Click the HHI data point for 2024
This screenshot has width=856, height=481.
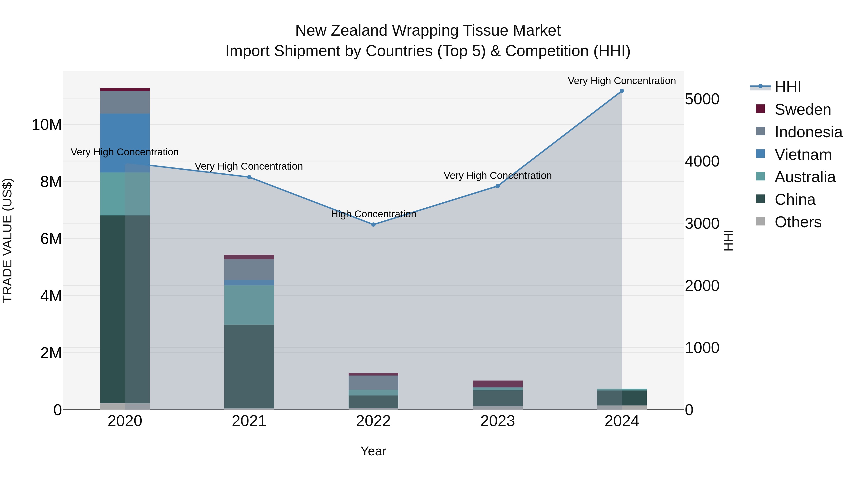[622, 91]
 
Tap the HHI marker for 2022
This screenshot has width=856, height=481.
[373, 224]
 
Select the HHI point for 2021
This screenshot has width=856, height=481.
[249, 177]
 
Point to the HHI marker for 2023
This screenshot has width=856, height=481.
[497, 186]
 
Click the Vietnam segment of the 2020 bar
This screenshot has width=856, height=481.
[125, 143]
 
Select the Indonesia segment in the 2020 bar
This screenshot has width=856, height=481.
[125, 102]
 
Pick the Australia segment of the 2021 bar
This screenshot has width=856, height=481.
[249, 305]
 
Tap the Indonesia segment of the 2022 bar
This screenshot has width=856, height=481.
[373, 382]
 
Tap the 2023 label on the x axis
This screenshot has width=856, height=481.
[497, 421]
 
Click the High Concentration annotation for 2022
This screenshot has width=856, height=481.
[373, 214]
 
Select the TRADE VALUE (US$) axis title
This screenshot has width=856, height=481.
[7, 240]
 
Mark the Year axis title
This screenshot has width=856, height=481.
[373, 451]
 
